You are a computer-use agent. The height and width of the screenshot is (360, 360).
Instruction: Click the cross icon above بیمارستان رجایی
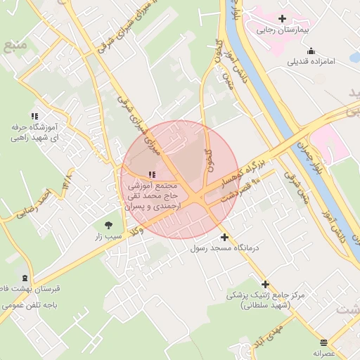[282, 18]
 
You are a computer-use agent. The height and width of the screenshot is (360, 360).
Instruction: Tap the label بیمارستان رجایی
[283, 30]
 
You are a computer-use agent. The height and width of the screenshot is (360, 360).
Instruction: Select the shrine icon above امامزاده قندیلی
[311, 51]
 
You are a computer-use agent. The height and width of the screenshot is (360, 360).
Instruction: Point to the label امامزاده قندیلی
[311, 62]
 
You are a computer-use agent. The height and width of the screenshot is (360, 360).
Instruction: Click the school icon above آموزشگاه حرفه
[34, 116]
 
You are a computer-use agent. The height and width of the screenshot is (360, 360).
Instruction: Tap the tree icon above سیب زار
[108, 225]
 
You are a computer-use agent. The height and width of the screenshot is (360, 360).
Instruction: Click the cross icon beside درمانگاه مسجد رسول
[224, 237]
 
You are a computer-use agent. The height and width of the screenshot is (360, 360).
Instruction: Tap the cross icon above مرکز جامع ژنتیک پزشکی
[265, 285]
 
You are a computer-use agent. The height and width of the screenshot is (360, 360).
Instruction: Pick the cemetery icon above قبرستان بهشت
[25, 278]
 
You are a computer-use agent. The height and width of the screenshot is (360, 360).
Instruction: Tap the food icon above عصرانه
[323, 342]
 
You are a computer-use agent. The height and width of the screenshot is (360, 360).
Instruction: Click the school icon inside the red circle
[152, 174]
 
